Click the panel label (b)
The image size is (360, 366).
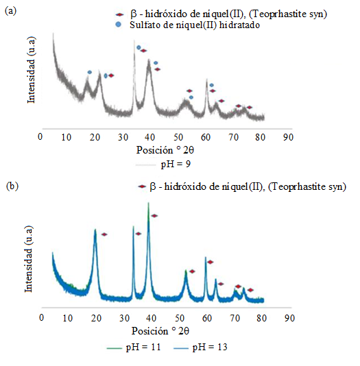pos(10,185)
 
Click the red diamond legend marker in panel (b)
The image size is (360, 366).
pos(143,186)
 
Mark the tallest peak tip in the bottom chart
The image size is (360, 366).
pos(149,203)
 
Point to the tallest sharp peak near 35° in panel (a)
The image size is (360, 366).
pos(134,40)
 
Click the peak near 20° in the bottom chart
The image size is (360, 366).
pos(95,230)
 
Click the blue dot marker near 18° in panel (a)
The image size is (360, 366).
pos(89,72)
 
